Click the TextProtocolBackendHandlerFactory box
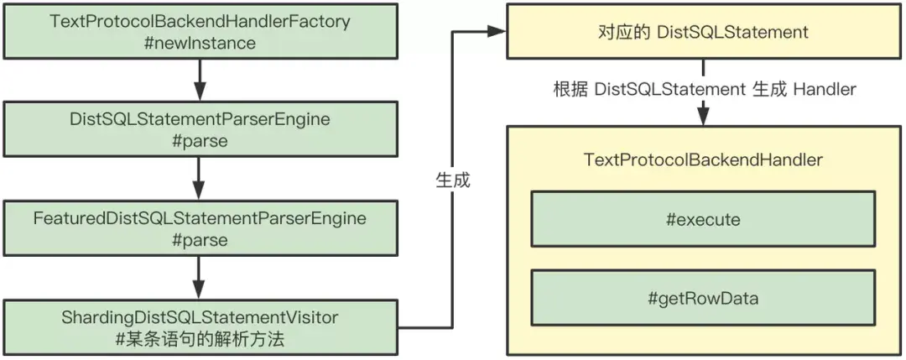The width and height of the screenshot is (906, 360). click(200, 31)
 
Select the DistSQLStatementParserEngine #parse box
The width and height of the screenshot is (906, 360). click(200, 129)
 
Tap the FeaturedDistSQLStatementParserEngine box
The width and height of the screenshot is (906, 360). click(200, 228)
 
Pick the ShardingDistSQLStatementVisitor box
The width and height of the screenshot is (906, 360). click(200, 327)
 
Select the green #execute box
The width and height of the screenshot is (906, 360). click(702, 220)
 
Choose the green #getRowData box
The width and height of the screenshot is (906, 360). click(702, 297)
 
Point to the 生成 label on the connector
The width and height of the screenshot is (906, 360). click(453, 180)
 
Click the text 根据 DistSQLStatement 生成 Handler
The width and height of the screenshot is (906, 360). click(705, 89)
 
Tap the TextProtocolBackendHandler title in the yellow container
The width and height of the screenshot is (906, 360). click(702, 159)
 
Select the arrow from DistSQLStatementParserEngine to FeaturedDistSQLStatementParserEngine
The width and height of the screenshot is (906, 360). click(200, 179)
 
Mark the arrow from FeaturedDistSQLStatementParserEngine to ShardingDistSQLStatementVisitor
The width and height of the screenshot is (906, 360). click(200, 277)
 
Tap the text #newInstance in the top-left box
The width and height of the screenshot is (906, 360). click(200, 42)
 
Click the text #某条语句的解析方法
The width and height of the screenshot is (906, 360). click(200, 338)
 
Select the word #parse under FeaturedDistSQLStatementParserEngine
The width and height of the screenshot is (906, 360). click(200, 239)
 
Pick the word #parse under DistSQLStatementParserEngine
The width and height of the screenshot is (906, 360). click(200, 140)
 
